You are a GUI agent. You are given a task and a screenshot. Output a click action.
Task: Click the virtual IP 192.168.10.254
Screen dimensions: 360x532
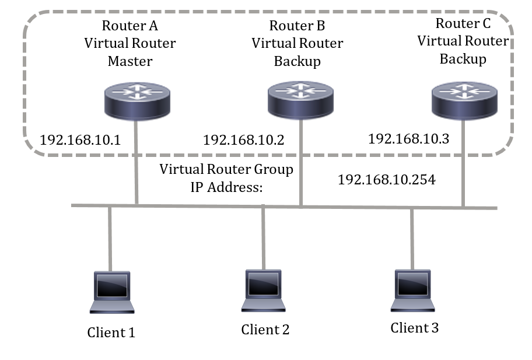(x=386, y=180)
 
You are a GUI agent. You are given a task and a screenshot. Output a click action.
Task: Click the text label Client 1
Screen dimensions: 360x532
(x=111, y=333)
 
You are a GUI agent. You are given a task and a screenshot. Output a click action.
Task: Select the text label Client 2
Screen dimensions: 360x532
(x=265, y=330)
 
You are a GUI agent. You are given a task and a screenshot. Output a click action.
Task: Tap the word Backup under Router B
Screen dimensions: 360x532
(x=297, y=61)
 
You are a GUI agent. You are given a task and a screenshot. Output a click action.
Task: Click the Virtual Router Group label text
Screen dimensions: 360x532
(x=226, y=169)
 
